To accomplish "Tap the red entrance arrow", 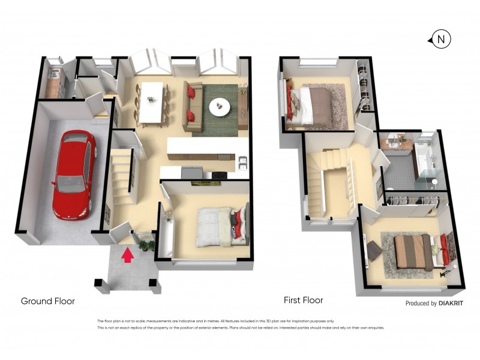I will pos(127,256).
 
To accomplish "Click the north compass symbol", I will pos(441,40).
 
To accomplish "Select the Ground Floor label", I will pos(48,301).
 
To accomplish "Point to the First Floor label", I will pos(303,300).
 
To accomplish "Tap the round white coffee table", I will pos(219,107).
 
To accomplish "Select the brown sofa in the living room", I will pos(191,107).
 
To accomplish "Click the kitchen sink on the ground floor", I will pos(243,162).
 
